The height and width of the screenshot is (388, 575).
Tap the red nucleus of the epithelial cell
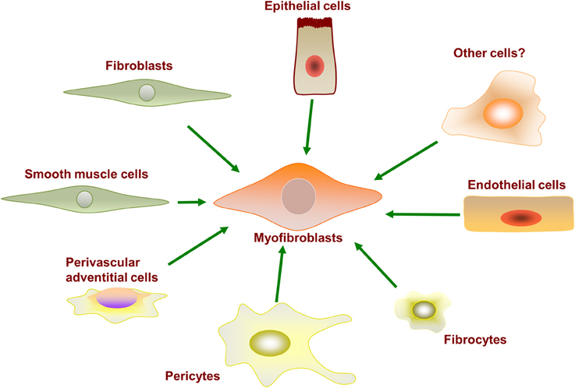pos(314,66)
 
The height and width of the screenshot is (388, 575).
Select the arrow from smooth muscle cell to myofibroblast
pos(191,202)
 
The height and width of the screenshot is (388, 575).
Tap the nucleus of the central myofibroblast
pos(300,196)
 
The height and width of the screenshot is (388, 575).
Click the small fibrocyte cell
pos(422,309)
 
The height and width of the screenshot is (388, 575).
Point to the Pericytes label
pos(192,376)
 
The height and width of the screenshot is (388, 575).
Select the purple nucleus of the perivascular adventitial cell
pos(115,300)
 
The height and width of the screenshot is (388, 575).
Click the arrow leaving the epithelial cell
pos(309,125)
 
